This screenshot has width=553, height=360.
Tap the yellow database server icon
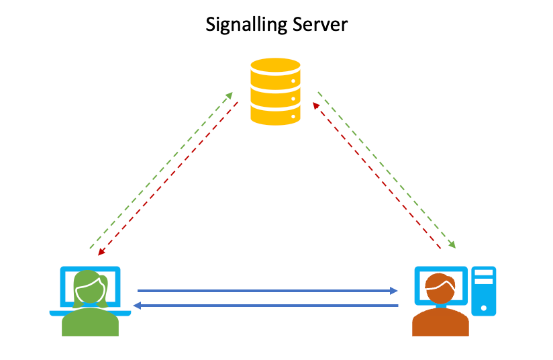[275, 91]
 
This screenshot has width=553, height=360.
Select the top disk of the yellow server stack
[275, 69]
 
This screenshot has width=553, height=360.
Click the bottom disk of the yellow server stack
[275, 114]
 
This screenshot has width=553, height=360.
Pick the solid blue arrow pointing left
[268, 306]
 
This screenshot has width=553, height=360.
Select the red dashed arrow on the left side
[169, 177]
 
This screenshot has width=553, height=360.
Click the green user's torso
[90, 322]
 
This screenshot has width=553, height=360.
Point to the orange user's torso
[440, 324]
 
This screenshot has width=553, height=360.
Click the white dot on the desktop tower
[483, 307]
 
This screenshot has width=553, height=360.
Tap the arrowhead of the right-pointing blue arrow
[395, 291]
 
